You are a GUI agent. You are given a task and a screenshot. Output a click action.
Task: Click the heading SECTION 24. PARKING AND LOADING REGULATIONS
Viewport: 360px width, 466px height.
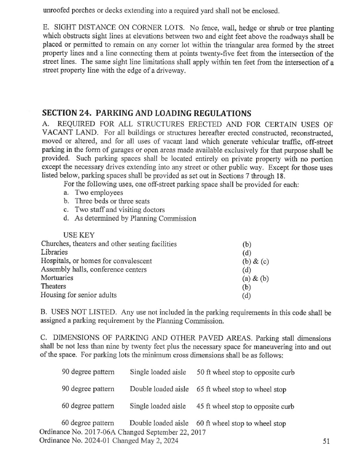pos(147,113)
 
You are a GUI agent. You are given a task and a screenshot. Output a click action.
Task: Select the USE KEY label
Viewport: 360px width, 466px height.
pos(79,235)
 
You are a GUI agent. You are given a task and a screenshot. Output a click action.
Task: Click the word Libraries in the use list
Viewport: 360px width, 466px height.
pos(54,252)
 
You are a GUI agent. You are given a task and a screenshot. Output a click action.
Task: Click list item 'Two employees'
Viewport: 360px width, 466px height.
pos(98,193)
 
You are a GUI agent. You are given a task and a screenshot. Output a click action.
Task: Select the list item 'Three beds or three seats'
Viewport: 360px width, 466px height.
pos(112,201)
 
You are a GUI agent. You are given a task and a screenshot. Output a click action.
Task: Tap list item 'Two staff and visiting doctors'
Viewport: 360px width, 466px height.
pos(119,210)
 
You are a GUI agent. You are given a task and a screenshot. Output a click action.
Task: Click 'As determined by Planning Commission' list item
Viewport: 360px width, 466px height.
pos(135,218)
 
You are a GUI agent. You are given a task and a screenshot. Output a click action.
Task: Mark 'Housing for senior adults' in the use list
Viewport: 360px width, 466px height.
pos(79,295)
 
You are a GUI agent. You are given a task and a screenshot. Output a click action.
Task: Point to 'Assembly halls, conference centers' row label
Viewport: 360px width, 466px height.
pos(94,270)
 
